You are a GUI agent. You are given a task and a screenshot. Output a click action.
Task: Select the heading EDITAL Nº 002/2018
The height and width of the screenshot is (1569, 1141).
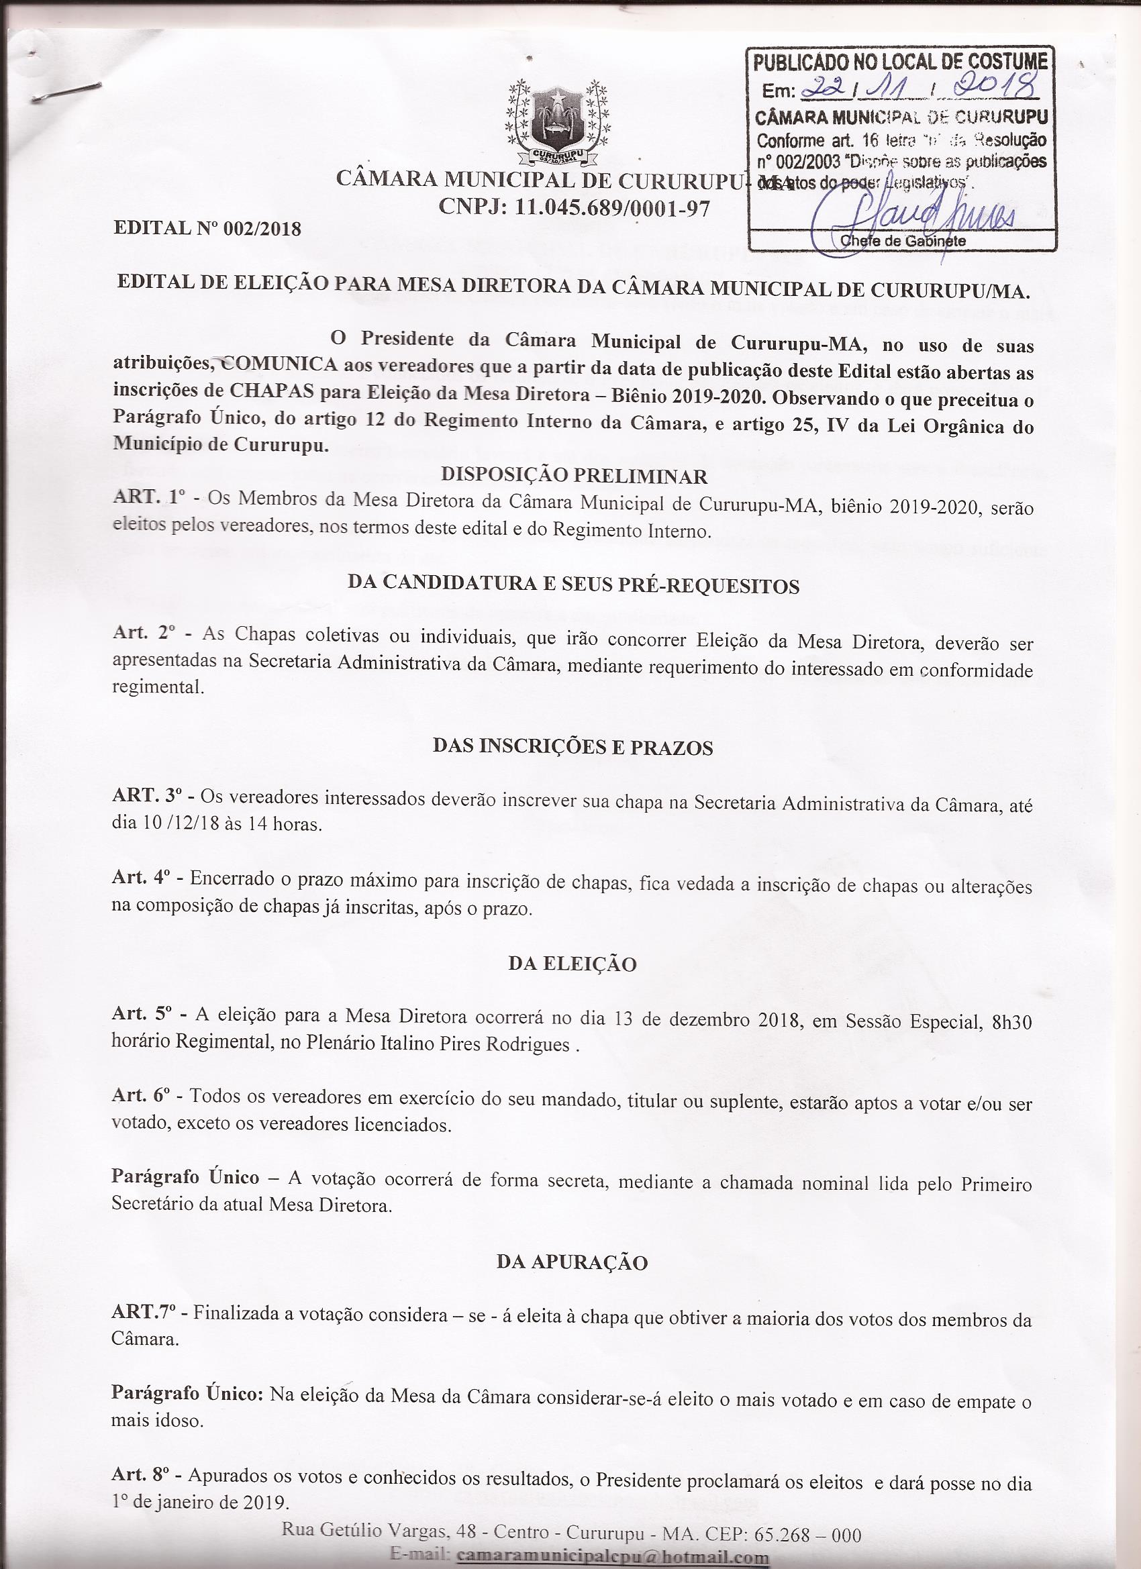click(x=207, y=227)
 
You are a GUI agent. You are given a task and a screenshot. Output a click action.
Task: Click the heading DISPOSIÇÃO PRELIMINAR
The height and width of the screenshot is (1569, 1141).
click(x=575, y=476)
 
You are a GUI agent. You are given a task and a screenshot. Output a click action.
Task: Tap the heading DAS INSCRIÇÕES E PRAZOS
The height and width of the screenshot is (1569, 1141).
click(x=573, y=747)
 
